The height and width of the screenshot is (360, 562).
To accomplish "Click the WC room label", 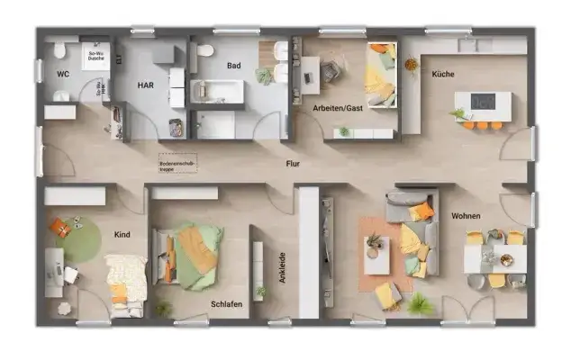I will pyautogui.click(x=63, y=74).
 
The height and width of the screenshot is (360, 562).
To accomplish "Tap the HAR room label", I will pyautogui.click(x=146, y=85).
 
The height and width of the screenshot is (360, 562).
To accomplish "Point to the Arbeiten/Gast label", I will pyautogui.click(x=337, y=107).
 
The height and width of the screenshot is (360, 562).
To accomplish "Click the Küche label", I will pyautogui.click(x=442, y=74).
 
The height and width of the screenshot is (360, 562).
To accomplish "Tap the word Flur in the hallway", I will pyautogui.click(x=293, y=164).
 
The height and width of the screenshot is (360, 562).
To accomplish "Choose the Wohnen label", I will pyautogui.click(x=467, y=216).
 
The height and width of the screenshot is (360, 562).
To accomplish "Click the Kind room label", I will pyautogui.click(x=122, y=235).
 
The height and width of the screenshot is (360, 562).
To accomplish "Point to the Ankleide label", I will pyautogui.click(x=282, y=267).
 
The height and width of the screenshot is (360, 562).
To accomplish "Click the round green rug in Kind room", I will pyautogui.click(x=77, y=241).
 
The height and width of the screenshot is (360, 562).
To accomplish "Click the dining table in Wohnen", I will pyautogui.click(x=495, y=259).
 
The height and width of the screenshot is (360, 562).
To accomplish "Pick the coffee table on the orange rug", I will pyautogui.click(x=376, y=255).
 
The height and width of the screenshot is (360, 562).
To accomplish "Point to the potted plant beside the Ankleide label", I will pyautogui.click(x=261, y=293).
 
